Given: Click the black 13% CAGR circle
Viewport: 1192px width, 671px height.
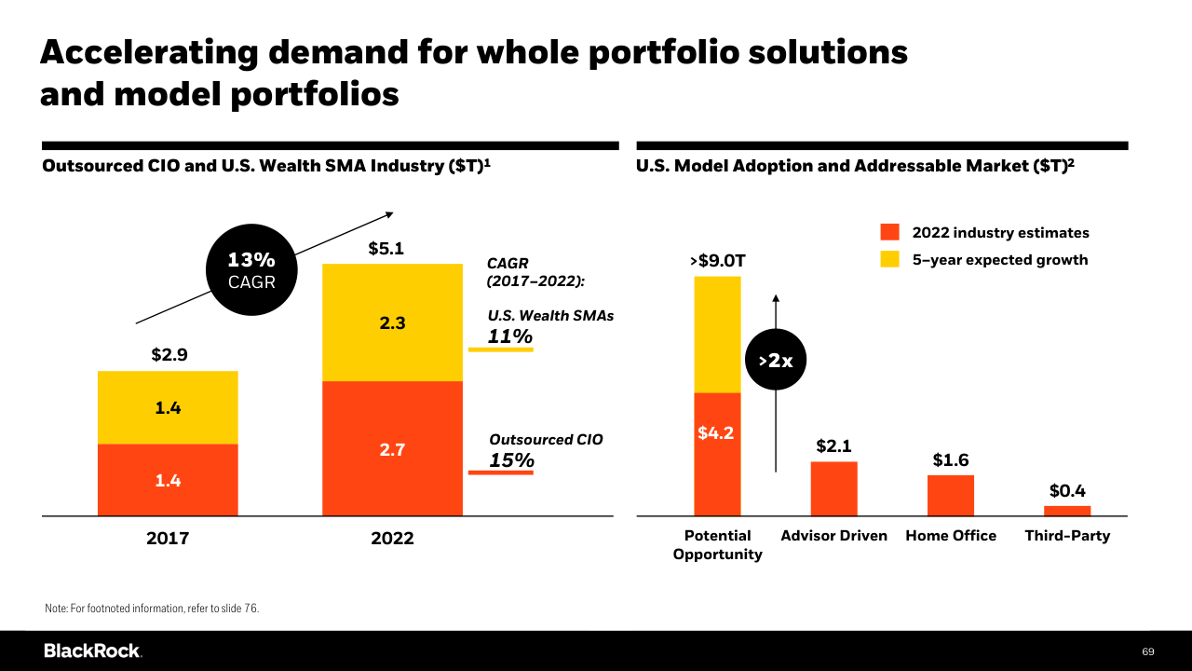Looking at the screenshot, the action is point(251,270).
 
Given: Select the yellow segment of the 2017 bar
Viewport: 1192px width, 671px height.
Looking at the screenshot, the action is point(168,407).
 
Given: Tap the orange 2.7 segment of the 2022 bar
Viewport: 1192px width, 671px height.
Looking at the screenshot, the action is point(392,448).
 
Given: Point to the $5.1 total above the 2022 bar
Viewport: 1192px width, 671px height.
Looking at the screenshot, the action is point(386,248).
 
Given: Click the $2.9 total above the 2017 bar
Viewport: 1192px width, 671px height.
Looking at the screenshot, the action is point(169,354).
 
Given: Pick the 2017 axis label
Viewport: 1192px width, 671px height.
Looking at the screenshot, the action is point(168,539).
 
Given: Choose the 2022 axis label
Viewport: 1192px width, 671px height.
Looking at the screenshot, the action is point(392,539).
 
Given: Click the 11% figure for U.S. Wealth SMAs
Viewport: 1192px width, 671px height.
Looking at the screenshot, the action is point(509,336).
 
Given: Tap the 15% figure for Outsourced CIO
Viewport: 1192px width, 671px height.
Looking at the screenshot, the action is point(511,460).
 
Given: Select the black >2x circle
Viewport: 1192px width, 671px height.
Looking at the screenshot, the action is point(776,360).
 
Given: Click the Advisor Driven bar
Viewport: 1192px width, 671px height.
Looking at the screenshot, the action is point(833,489).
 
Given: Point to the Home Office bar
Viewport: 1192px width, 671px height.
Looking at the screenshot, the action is point(951,495).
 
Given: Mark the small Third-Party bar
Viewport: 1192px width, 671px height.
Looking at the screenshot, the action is point(1067,511).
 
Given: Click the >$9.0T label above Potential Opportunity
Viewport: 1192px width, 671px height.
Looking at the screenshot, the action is point(718,261).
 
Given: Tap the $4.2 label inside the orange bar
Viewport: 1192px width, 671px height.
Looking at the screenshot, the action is point(716,433).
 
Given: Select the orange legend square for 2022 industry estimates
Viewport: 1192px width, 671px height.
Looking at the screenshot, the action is point(889,232).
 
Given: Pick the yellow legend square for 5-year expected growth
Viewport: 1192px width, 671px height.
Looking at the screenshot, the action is point(889,259).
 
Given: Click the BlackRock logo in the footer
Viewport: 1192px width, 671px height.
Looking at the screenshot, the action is point(92,650).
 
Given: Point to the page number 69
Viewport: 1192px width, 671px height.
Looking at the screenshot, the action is point(1148,651).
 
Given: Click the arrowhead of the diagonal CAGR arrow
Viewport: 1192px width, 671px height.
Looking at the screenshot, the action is point(390,214).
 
